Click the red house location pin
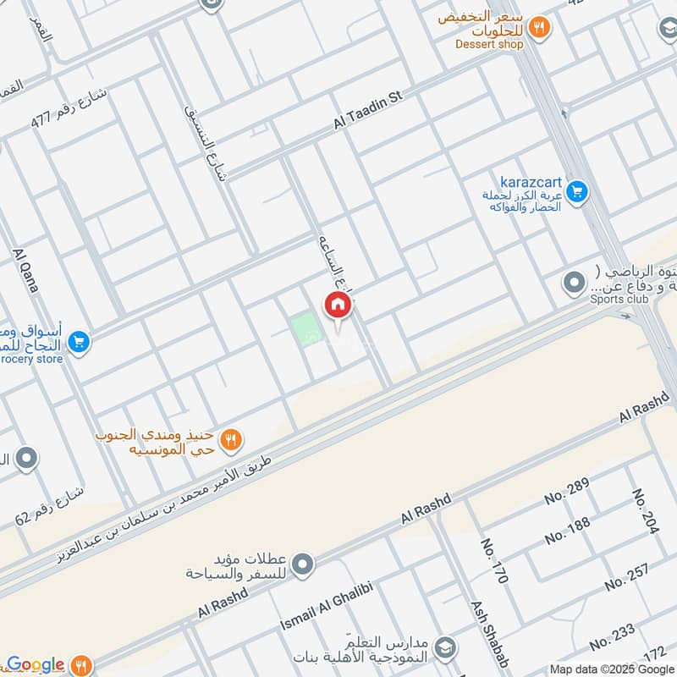tap(336, 305)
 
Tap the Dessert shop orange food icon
tap(538, 27)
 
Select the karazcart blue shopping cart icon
tap(577, 193)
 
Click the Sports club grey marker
tap(575, 282)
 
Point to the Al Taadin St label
tap(368, 111)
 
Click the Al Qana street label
tap(26, 271)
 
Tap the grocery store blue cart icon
tap(79, 342)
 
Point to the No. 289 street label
tap(566, 491)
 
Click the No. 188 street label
tap(567, 531)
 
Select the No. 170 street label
tap(493, 562)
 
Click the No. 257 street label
tap(627, 575)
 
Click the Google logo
tap(36, 665)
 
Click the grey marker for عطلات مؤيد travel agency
tap(303, 564)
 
